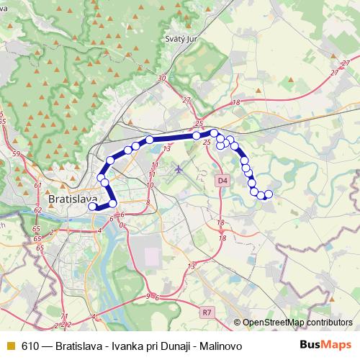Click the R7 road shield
click(207, 312)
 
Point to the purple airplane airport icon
click(179, 170)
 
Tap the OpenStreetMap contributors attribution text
click(297, 323)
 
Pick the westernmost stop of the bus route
click(92, 207)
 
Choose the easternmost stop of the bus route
click(269, 194)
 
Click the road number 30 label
click(161, 78)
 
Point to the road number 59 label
click(17, 154)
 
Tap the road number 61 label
click(37, 185)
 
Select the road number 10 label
click(150, 185)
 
